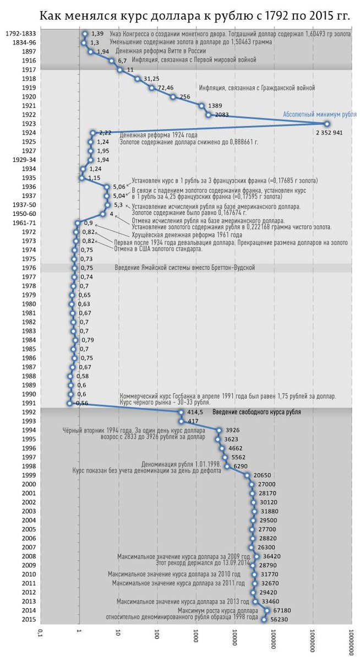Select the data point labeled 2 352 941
[x=327, y=123]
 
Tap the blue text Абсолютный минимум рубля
[x=319, y=115]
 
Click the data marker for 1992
[x=181, y=412]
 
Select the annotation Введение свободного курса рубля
[x=257, y=412]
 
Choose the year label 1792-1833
[x=21, y=34]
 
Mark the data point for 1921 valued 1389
[x=201, y=105]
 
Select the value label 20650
[x=263, y=475]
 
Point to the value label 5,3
[x=118, y=205]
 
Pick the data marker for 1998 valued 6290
[x=226, y=465]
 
